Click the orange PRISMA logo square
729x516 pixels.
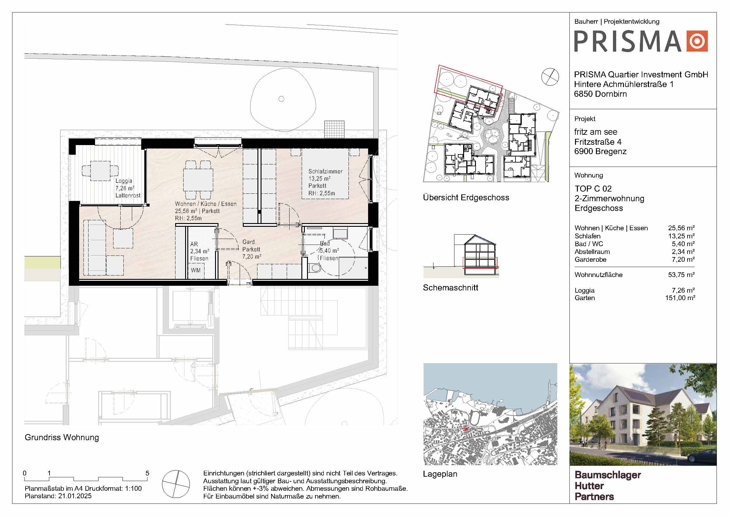point(697,41)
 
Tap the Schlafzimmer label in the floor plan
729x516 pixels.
point(325,172)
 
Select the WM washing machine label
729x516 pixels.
point(196,270)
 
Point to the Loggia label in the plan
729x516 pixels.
point(124,181)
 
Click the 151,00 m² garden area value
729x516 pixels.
point(680,298)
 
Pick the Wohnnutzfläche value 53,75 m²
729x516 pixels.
point(681,275)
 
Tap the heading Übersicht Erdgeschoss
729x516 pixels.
point(466,197)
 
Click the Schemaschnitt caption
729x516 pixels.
point(450,288)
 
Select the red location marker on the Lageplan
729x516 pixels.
point(466,429)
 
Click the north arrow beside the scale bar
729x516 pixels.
point(176,484)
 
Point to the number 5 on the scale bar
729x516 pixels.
point(147,473)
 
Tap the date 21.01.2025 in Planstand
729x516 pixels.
point(75,496)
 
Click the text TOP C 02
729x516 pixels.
point(593,189)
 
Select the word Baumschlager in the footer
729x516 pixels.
point(608,475)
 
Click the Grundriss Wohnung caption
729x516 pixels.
point(62,438)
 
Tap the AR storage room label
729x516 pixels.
point(194,244)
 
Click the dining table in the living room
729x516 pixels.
point(198,179)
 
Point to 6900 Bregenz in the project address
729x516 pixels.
point(600,152)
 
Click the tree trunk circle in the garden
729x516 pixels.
point(281,99)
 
